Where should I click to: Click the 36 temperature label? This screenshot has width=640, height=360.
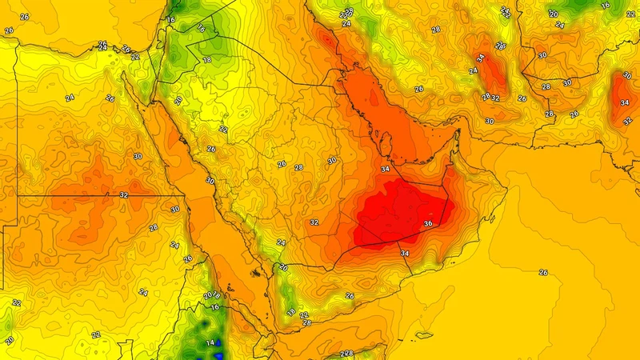click(x=428, y=223)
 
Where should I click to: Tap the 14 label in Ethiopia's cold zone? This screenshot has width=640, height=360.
click(x=210, y=343)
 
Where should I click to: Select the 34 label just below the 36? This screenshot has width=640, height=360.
click(x=405, y=254)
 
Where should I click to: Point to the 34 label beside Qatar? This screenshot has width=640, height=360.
click(x=386, y=169)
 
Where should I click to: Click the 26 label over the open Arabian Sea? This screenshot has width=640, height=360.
click(x=543, y=273)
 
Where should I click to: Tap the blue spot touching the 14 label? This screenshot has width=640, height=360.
click(x=218, y=346)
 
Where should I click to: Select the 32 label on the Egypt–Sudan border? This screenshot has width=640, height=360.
click(x=123, y=195)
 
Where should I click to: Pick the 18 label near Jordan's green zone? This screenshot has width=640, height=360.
click(x=207, y=60)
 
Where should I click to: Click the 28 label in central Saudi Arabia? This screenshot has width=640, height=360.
click(x=298, y=167)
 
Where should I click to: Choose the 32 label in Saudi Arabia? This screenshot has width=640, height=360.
click(x=314, y=222)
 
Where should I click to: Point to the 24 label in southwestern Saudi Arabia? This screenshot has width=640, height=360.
click(x=281, y=242)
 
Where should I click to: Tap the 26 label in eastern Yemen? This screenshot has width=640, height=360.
click(x=349, y=296)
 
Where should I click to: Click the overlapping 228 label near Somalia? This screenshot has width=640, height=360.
click(x=346, y=354)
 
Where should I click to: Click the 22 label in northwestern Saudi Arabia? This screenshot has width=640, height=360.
click(x=223, y=129)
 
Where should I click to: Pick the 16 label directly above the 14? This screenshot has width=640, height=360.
click(x=214, y=306)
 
